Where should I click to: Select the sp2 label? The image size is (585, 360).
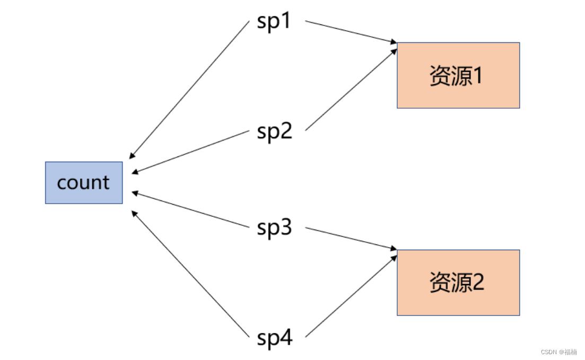[x=274, y=130]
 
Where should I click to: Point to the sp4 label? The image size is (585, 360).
[x=274, y=338]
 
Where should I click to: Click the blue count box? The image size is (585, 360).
[x=84, y=182]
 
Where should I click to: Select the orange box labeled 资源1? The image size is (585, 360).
[x=458, y=75]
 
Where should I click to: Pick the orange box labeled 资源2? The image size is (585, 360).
[x=458, y=283]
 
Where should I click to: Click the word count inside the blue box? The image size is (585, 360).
[x=83, y=182]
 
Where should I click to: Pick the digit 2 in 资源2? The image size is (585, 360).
[x=477, y=283]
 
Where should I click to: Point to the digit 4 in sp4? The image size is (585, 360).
[x=286, y=338]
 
